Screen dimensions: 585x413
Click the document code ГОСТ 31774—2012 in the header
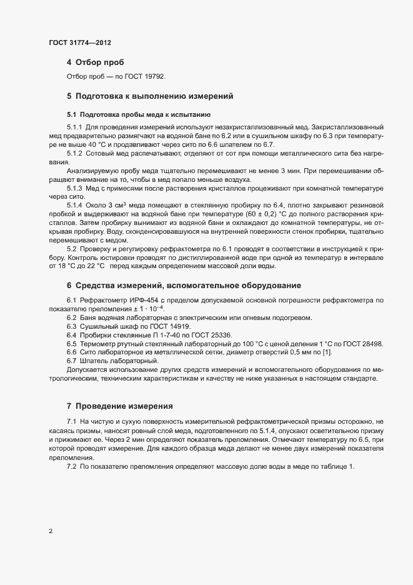[80, 42]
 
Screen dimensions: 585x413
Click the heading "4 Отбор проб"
[95, 62]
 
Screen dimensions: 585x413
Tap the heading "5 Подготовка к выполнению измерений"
[150, 97]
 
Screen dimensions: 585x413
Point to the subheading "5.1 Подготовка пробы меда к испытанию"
[139, 115]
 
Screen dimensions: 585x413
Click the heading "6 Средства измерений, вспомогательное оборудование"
[176, 286]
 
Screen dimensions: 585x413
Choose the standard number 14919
[178, 327]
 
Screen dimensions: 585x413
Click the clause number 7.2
[71, 469]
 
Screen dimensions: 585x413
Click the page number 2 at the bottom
[51, 532]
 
